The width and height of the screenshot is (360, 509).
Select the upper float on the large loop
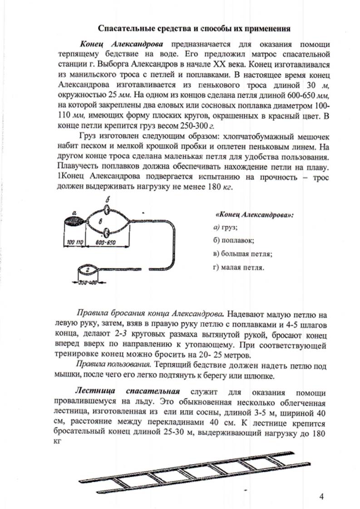pos(107,210)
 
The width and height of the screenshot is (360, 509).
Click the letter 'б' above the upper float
pos(107,201)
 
